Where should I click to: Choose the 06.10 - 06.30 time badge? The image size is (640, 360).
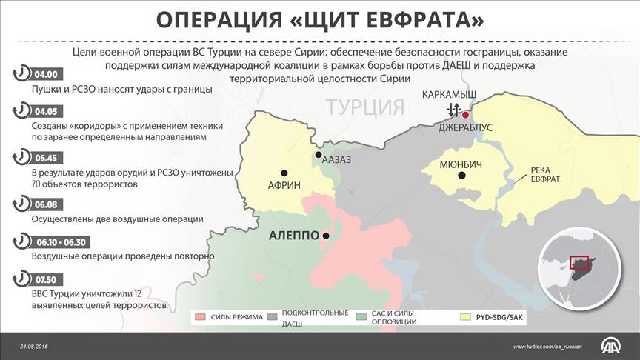point(59,241)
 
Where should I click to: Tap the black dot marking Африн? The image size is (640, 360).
point(283,170)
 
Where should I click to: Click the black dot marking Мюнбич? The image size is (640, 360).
point(462,176)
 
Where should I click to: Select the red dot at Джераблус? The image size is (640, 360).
point(465,115)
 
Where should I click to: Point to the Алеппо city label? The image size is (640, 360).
point(293,236)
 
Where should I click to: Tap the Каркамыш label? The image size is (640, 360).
point(449,96)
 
